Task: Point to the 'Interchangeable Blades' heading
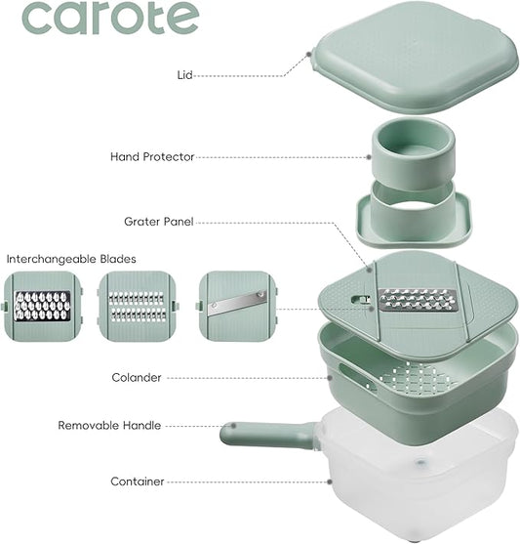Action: tap(71, 259)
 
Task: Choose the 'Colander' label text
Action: tap(137, 377)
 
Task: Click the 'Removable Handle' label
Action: tap(109, 426)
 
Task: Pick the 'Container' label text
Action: tap(138, 481)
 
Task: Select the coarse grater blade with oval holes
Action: tap(39, 306)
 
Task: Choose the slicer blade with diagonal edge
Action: tap(234, 306)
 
